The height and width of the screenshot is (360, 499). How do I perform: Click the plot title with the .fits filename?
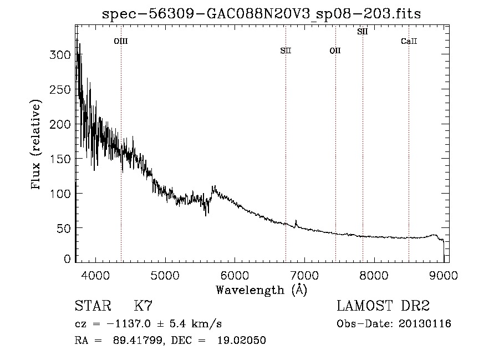click(x=261, y=14)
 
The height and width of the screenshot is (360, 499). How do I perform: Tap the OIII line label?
click(x=121, y=41)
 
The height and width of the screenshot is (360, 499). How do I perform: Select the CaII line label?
click(x=409, y=41)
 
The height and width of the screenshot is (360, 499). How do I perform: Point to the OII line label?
click(x=335, y=50)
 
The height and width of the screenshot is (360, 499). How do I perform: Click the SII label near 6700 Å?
click(x=286, y=50)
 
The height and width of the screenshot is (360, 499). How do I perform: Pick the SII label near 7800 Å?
click(x=363, y=32)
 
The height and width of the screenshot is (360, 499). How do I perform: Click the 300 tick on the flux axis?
click(x=60, y=55)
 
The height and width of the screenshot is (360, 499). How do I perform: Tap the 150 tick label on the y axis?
click(x=60, y=159)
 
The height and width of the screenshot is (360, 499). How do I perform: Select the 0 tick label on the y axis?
click(x=67, y=258)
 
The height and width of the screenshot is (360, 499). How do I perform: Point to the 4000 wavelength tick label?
click(x=95, y=275)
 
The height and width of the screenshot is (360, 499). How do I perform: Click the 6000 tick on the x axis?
click(x=235, y=275)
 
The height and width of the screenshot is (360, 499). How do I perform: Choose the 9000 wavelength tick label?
click(x=444, y=275)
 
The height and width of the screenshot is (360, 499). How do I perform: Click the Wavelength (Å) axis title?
click(x=262, y=290)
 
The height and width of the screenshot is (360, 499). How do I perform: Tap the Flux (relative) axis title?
click(x=36, y=144)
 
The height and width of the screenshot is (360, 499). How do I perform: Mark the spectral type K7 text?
click(x=143, y=306)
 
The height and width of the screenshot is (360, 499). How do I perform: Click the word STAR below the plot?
click(x=93, y=306)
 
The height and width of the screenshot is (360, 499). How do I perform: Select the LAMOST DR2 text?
click(x=383, y=306)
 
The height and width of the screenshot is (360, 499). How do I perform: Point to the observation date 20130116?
click(x=425, y=324)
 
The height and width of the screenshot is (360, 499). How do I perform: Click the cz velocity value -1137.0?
click(x=129, y=324)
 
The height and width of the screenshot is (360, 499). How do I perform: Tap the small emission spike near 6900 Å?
click(x=296, y=224)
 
